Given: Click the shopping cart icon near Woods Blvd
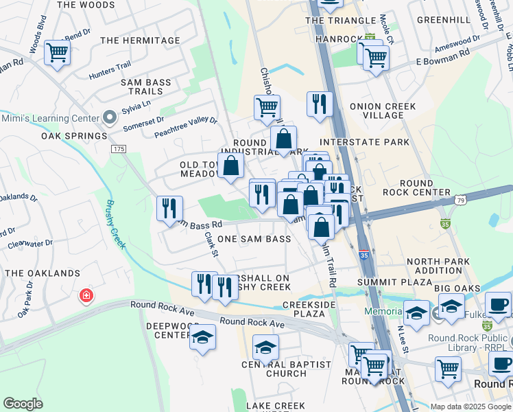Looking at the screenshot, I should pos(58,52).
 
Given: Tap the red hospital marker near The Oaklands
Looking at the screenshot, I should pos(86,296).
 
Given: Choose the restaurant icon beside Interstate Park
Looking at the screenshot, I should pos(319,104).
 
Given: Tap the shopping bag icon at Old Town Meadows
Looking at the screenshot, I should pos(231,165).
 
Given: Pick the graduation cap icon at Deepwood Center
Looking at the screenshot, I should pos(202,337).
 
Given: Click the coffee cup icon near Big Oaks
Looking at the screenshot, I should pos(498,304).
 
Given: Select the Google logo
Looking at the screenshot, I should pos(23,404).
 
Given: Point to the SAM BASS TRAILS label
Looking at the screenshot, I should pos(145,87).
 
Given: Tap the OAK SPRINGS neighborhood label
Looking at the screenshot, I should pos(75,136).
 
